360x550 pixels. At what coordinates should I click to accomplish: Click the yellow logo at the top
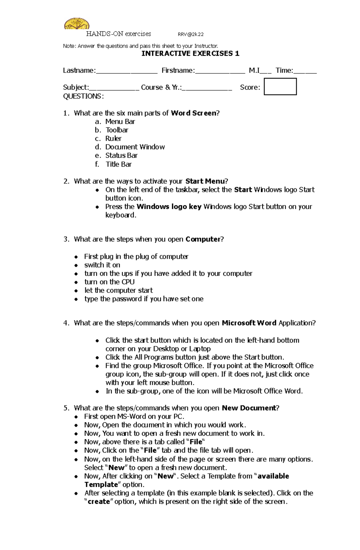coord(77,24)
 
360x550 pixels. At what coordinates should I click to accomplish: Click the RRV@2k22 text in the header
coord(190,34)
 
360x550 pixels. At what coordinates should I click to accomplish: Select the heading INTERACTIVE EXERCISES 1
coord(190,54)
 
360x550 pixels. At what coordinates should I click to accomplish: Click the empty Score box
coord(280,87)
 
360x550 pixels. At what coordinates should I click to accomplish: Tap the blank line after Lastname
coord(126,71)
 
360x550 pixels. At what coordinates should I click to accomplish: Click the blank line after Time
coord(305,71)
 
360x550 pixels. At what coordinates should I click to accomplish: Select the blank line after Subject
coord(114,88)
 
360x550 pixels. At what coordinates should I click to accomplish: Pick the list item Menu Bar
coord(120,122)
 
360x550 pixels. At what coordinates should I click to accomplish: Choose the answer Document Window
coord(135,147)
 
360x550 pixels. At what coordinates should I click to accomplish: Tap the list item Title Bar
coord(118,164)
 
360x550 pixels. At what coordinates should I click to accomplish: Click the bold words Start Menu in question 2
coord(205,181)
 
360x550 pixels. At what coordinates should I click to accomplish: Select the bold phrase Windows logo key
coord(169,207)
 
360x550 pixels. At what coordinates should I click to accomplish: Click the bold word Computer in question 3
coord(203,239)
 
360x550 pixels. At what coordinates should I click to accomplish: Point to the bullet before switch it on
coord(76,265)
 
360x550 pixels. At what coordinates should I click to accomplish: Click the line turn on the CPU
coord(109,282)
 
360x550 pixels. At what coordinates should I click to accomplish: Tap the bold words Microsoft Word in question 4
coord(249,323)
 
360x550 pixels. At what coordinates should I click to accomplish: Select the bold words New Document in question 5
coord(249,408)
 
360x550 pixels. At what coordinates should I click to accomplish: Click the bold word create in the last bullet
coord(99,502)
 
